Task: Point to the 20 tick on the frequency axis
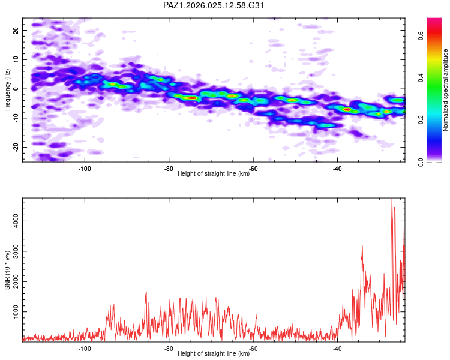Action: (16, 30)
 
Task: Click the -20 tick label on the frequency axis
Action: (15, 147)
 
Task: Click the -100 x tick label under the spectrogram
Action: (85, 169)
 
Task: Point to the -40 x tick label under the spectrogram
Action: (337, 169)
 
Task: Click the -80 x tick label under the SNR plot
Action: (169, 349)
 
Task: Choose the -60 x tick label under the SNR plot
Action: (253, 349)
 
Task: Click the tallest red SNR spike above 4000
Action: (392, 200)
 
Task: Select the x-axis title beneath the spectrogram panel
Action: (214, 174)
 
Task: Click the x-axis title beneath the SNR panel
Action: (214, 354)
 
